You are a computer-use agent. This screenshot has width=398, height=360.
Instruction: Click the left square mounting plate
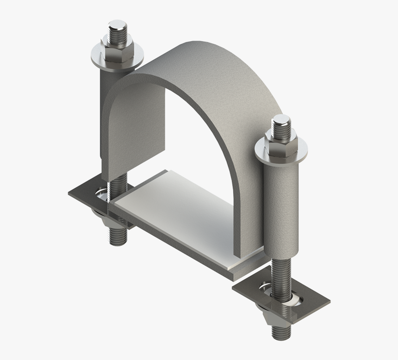click(x=83, y=194)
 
